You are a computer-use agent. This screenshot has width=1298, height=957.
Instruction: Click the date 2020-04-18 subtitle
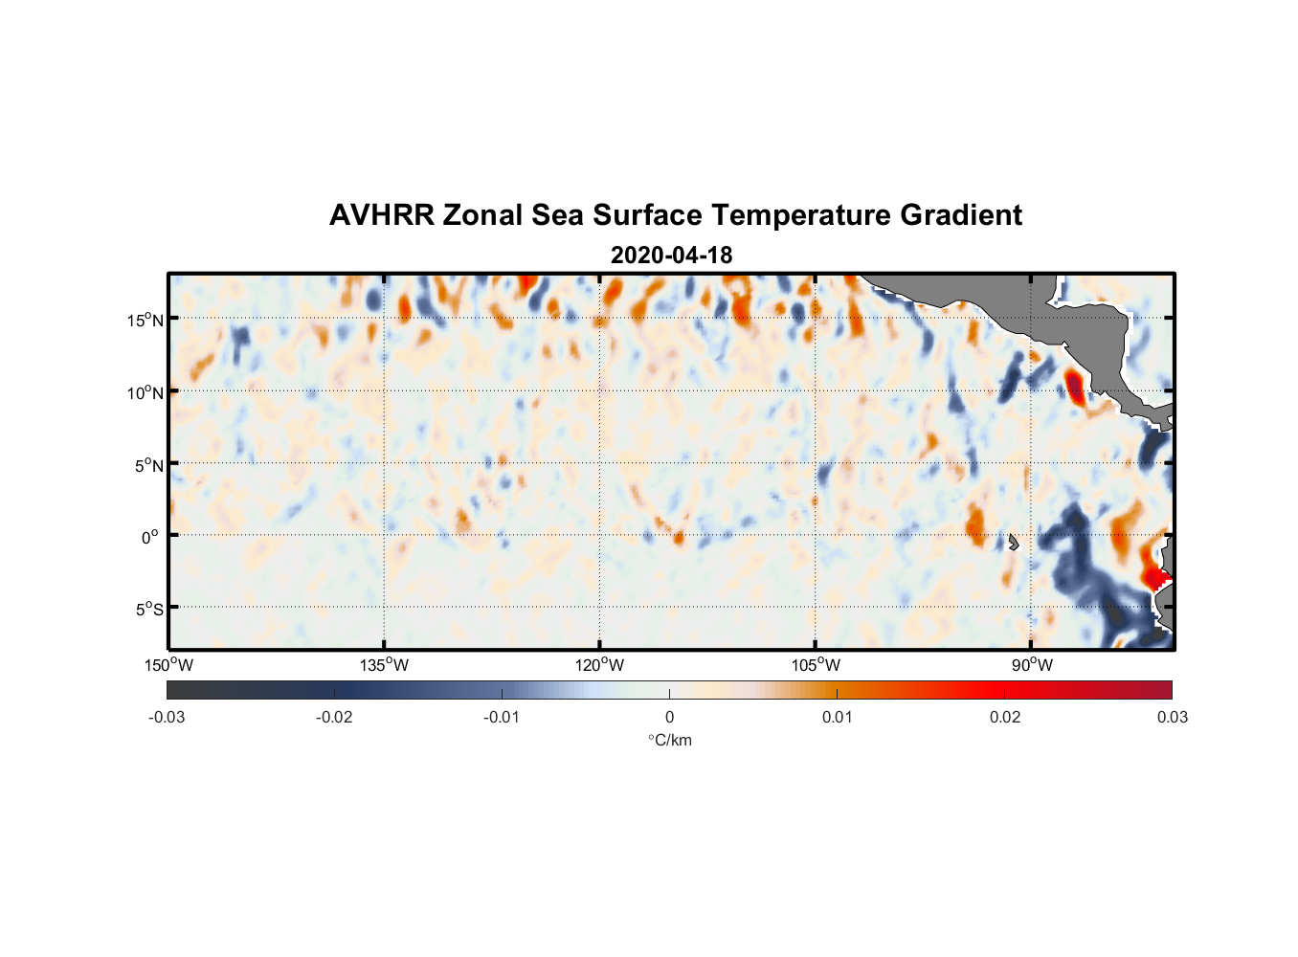coord(671,256)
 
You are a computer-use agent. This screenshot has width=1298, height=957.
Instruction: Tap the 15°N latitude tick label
coord(145,320)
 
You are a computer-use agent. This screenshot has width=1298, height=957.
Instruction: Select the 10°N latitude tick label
coord(145,392)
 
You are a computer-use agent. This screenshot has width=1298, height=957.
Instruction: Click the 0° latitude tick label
coord(150,537)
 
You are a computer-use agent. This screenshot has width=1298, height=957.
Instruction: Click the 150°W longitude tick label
coord(169,665)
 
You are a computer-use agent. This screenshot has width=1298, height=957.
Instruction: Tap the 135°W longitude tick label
coord(385,665)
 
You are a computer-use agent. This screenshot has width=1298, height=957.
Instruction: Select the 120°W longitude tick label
coord(600,665)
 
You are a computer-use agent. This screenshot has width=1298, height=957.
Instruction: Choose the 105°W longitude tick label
coord(816,665)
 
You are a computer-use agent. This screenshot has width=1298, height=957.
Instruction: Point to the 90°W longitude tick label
coord(1032,665)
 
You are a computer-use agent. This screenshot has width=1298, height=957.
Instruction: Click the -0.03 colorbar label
coord(167,717)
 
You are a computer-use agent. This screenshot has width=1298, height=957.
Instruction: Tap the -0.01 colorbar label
coord(502,717)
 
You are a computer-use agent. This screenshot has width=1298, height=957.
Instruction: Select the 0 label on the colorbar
coord(669,717)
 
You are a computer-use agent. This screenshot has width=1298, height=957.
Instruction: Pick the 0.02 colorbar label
coord(1005,717)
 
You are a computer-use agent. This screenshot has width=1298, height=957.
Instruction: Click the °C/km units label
coord(669,740)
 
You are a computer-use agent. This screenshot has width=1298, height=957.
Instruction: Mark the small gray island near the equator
coord(1014,542)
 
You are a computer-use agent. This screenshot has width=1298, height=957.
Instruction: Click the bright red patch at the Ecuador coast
coord(1156,577)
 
